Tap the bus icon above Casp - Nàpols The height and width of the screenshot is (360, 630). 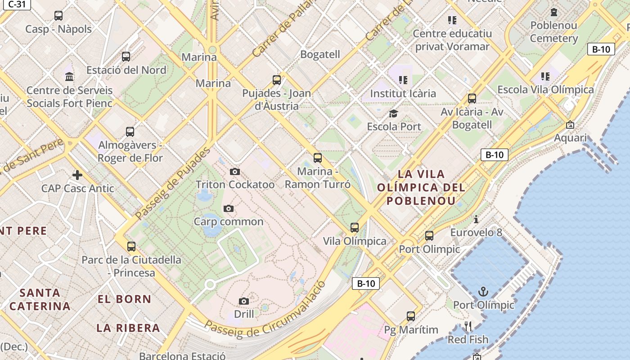(x=58, y=16)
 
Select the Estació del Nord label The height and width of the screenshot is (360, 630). (x=126, y=70)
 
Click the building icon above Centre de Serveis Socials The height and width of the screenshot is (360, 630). (x=69, y=76)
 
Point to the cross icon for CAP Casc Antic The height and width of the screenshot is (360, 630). (x=77, y=175)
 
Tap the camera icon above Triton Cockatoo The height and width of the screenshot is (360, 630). (x=234, y=171)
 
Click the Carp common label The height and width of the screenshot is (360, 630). (x=229, y=221)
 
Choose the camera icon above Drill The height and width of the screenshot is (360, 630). (x=244, y=301)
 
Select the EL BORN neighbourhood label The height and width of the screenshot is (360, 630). (x=125, y=299)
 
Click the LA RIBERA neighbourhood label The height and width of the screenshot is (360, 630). (x=128, y=328)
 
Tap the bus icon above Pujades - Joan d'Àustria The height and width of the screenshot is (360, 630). (x=277, y=80)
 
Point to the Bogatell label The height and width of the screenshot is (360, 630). (x=320, y=54)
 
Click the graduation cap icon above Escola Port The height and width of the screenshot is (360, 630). (x=394, y=113)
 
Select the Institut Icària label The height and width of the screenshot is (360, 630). (x=403, y=93)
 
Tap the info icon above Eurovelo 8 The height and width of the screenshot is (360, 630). (x=476, y=219)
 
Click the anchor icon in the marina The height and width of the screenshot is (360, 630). (x=483, y=292)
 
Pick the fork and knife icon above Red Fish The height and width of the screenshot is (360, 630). (x=468, y=326)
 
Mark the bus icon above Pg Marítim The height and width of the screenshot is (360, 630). (x=411, y=316)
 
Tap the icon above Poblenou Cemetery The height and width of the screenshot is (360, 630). (x=554, y=12)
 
